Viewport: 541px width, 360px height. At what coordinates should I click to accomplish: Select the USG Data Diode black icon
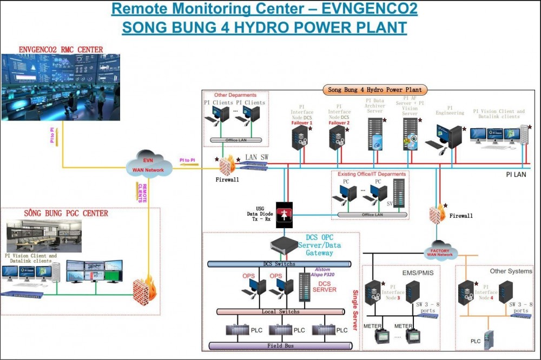pos(285,211)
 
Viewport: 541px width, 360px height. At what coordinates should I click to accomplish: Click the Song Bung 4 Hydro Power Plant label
pos(378,90)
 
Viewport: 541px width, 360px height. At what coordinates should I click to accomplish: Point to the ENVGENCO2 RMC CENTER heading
pos(61,50)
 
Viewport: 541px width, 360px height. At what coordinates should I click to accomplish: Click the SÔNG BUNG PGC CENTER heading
pos(66,213)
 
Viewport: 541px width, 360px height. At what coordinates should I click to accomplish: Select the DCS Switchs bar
pos(279,264)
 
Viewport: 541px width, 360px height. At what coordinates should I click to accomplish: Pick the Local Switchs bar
pos(281,312)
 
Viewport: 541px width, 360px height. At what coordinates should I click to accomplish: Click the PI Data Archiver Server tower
pos(375,133)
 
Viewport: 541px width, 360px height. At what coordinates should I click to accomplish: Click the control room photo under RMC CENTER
pos(61,86)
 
